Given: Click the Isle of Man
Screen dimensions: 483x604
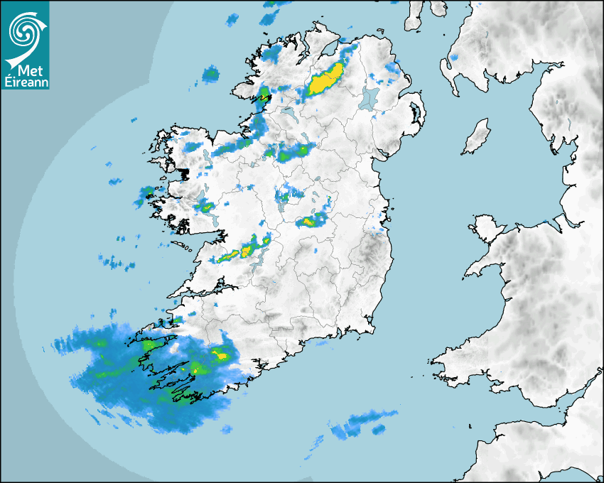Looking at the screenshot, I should pos(477,137).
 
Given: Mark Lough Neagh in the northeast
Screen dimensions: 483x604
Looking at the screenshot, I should pos(369,98).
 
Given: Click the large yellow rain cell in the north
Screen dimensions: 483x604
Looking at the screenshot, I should pos(325,80).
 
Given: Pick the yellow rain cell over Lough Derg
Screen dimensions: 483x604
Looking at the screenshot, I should pos(248,250).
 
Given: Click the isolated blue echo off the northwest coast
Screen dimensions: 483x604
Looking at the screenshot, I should pos(210,73).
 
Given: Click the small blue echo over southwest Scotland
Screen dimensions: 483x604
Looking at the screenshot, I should pos(455,57).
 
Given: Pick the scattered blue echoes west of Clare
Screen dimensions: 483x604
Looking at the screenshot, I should pos(117,263).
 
